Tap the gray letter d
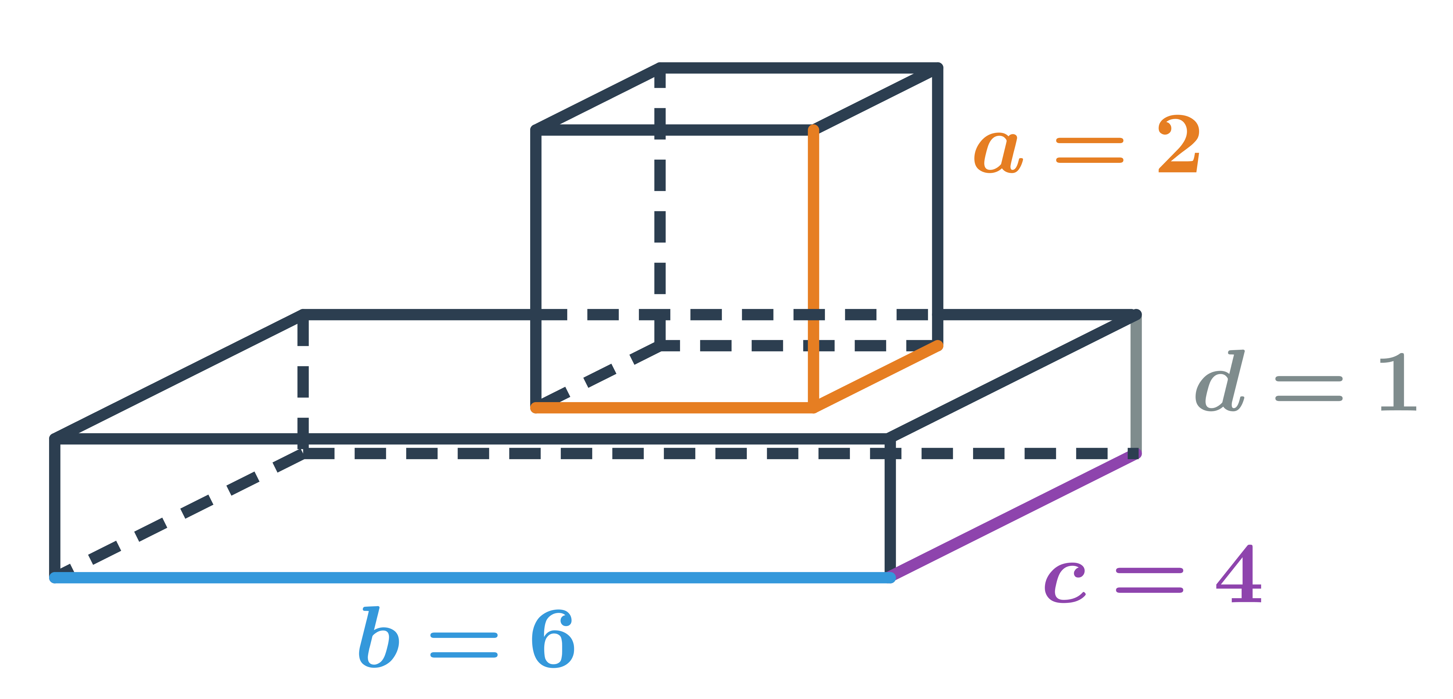click(x=1219, y=381)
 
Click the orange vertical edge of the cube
click(x=813, y=269)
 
